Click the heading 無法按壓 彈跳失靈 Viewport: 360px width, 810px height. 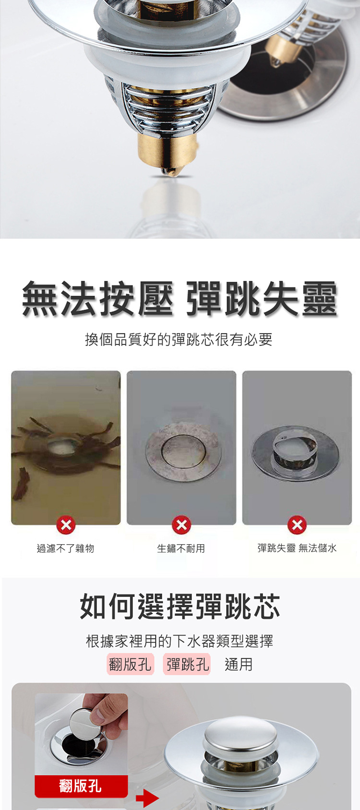tap(180, 298)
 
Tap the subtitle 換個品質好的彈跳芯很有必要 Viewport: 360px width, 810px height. tap(179, 339)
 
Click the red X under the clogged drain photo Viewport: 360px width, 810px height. tap(66, 524)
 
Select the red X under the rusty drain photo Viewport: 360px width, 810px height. tap(181, 524)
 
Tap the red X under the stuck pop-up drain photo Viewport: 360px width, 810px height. tap(297, 524)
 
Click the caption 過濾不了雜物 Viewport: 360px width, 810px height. tap(65, 548)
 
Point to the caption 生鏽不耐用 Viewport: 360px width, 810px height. tap(181, 548)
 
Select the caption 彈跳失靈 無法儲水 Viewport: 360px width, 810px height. tap(297, 548)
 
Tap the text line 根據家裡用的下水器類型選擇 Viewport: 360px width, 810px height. tap(180, 641)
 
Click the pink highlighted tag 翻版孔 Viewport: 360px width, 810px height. tap(130, 664)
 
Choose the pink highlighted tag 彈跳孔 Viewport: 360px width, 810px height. tap(187, 664)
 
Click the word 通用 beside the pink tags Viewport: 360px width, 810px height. tap(239, 664)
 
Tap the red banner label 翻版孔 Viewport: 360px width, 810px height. tap(81, 786)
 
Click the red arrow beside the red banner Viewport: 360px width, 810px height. tap(147, 798)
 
